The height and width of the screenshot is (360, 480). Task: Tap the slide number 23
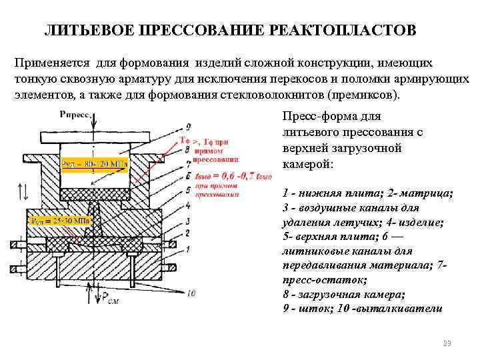click(447, 343)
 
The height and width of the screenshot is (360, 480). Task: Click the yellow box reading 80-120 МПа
click(94, 163)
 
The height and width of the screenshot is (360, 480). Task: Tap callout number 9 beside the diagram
click(189, 126)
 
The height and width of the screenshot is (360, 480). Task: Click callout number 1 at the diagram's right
click(189, 249)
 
